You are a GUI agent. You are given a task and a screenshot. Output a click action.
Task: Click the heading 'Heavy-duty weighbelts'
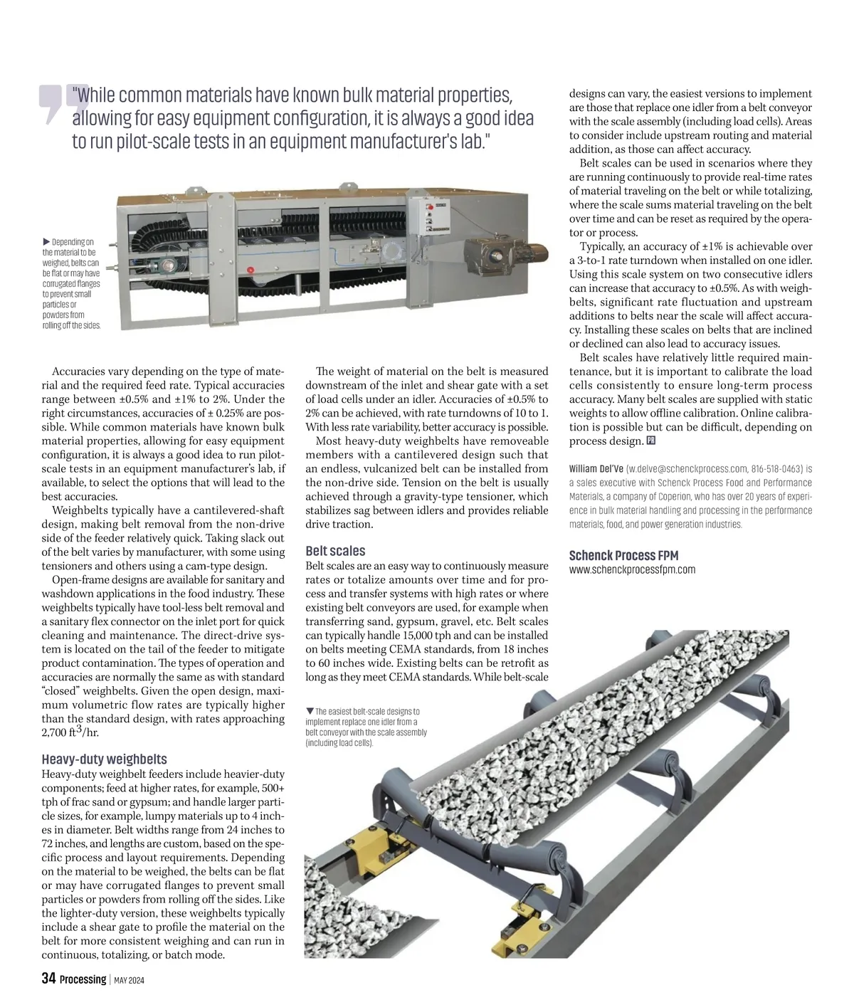point(104,759)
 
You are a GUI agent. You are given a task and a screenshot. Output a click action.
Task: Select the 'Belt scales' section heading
point(335,551)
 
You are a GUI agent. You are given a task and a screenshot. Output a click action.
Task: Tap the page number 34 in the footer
point(48,979)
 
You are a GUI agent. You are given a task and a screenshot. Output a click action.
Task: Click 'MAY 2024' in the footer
point(130,980)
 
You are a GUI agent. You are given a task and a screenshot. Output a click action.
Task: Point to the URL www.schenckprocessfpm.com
point(632,569)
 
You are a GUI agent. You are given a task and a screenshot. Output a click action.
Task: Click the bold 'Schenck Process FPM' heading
point(623,555)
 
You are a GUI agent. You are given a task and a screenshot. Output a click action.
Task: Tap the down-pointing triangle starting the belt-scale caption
point(310,711)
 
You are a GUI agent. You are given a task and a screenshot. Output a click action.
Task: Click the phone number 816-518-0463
point(777,469)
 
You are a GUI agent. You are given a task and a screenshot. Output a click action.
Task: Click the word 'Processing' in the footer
point(83,979)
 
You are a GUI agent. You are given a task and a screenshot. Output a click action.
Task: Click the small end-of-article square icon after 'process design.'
point(651,441)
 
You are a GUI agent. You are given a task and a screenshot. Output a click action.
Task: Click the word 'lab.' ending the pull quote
point(473,140)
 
